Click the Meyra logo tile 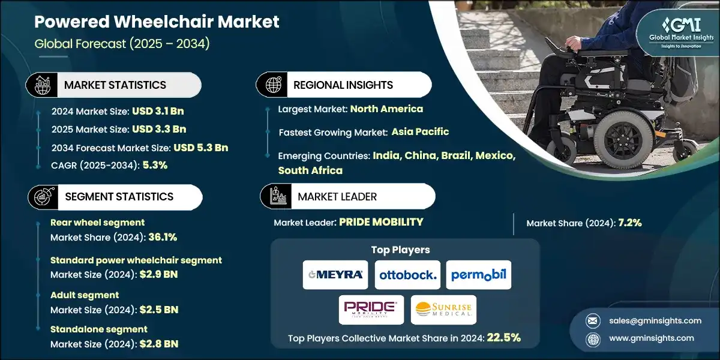(x=335, y=275)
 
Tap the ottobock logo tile (x=407, y=275)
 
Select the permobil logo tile (x=479, y=275)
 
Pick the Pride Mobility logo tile (x=371, y=310)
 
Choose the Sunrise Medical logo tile (x=444, y=310)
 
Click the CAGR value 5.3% (x=155, y=165)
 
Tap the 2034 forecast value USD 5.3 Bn (x=200, y=147)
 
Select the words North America (x=386, y=109)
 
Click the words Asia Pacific (x=420, y=131)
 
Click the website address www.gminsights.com (x=651, y=338)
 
